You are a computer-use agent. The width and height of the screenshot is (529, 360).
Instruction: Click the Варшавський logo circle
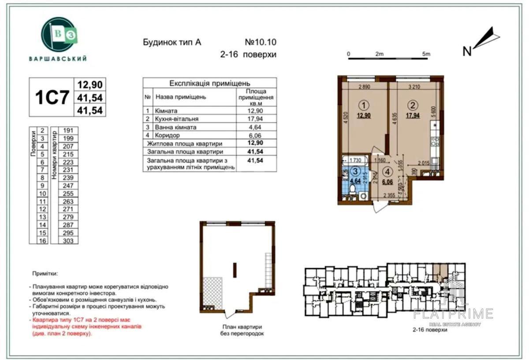[x=57, y=35]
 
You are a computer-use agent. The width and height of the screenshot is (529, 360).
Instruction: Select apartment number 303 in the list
[x=68, y=240]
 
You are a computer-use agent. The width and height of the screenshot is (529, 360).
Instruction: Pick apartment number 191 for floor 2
[x=68, y=131]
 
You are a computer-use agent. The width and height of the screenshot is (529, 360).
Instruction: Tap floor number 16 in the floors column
[x=42, y=240]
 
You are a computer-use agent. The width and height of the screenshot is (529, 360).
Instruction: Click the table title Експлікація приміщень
[x=210, y=83]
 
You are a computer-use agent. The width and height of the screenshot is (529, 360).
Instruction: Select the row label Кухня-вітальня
[x=176, y=119]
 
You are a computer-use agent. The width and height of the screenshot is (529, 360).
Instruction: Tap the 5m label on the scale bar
[x=426, y=54]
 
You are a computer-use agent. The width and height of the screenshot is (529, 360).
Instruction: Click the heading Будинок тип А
[x=172, y=43]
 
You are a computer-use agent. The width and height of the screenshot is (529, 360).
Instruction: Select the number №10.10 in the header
[x=260, y=43]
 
